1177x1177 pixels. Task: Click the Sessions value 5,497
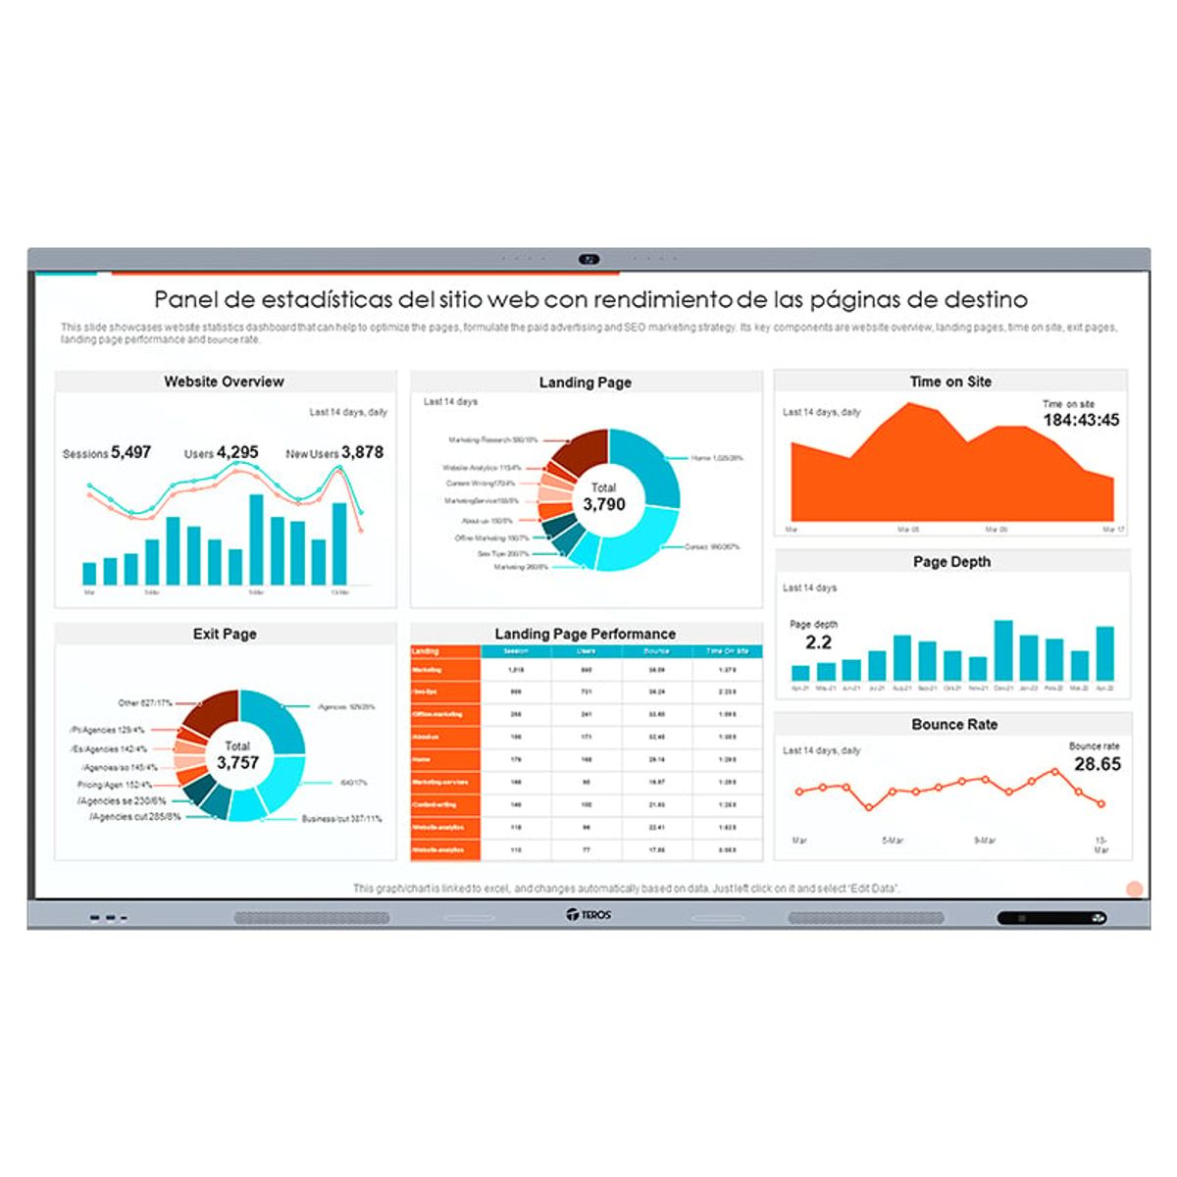point(130,452)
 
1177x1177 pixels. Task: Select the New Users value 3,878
point(362,452)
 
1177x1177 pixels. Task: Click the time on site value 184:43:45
point(1081,420)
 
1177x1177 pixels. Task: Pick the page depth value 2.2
point(818,642)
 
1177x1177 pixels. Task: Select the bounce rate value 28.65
point(1097,764)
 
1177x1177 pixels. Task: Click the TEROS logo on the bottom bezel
point(588,915)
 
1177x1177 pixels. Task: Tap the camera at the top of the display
point(588,260)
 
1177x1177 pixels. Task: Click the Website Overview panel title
point(224,382)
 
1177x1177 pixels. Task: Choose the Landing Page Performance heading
point(585,634)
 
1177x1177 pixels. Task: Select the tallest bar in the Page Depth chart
point(1003,649)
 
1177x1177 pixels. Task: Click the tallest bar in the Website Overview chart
point(256,539)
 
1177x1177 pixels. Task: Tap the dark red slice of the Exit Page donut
point(211,711)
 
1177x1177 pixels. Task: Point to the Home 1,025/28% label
point(716,458)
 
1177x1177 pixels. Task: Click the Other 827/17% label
point(145,703)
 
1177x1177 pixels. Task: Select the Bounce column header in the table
point(656,651)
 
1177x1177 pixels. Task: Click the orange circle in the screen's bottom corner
point(1135,890)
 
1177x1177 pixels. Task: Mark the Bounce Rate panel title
point(953,725)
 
